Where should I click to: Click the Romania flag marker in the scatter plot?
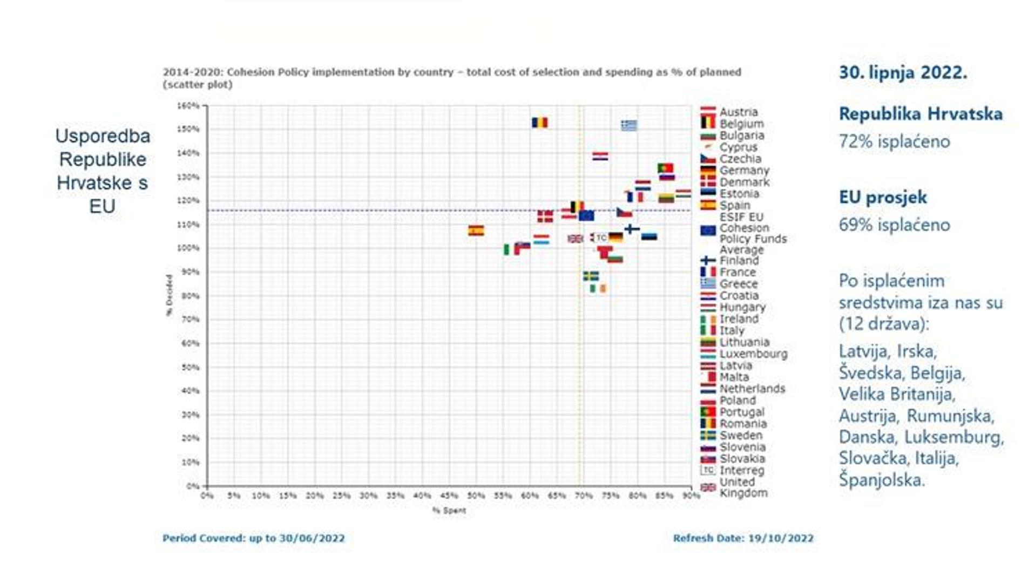coord(539,123)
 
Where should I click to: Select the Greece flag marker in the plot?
coord(628,125)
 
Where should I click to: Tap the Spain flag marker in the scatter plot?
coord(476,231)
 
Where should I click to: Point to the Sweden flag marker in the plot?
coord(591,276)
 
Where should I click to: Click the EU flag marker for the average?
coord(586,215)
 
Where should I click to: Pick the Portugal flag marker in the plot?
coord(665,168)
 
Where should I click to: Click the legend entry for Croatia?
coord(739,296)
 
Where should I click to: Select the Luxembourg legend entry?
coord(753,354)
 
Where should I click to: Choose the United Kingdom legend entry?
coord(743,487)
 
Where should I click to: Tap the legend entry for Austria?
coord(738,112)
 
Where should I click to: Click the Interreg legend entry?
coord(741,470)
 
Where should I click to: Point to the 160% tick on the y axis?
coord(188,106)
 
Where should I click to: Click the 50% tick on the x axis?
coord(476,496)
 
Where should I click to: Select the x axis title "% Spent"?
coord(449,510)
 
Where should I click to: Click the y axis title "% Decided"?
coord(169,295)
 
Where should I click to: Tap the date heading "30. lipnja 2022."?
coord(903,73)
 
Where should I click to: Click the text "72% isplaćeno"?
coord(894,141)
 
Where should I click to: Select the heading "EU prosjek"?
coord(883,197)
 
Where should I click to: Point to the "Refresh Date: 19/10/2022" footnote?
coord(743,538)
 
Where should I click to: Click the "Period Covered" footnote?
coord(253,538)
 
